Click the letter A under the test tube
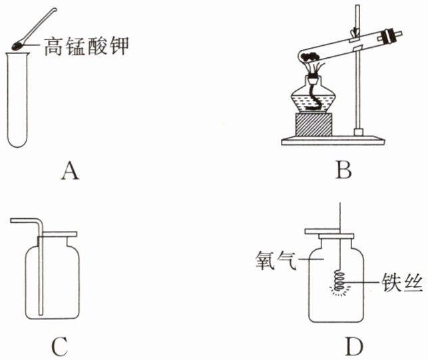[x=69, y=172]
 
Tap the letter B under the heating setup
[x=343, y=172]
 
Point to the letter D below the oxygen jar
[x=353, y=346]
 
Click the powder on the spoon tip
[x=18, y=45]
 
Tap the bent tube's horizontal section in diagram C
[x=24, y=220]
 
